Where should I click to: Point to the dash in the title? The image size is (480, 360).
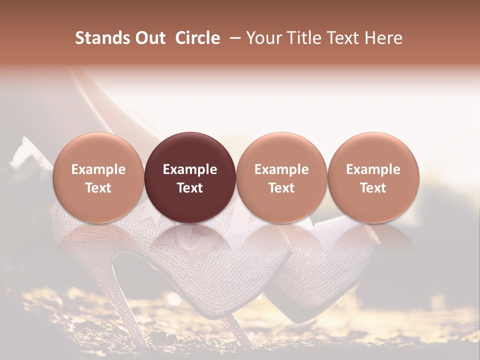pos(233,38)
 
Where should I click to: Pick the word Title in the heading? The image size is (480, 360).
pos(303,38)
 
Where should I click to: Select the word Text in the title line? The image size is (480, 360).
pos(343,38)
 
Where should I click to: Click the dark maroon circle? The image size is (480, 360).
pos(190,177)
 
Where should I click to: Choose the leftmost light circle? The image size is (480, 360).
pos(98,177)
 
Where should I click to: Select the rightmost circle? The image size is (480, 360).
pos(373,177)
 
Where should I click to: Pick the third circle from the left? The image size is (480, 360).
pos(281,177)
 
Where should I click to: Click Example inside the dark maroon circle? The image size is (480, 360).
pos(190,169)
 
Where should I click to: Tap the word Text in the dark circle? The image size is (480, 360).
pos(190,188)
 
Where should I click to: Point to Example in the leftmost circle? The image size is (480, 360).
pos(98,169)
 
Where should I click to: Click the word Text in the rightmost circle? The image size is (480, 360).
pos(373,188)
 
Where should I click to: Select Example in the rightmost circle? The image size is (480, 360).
pos(373,169)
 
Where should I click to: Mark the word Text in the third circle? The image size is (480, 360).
pos(281,188)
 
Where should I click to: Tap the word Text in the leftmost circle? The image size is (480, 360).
pos(98,188)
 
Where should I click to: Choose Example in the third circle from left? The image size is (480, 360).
pos(281,169)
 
